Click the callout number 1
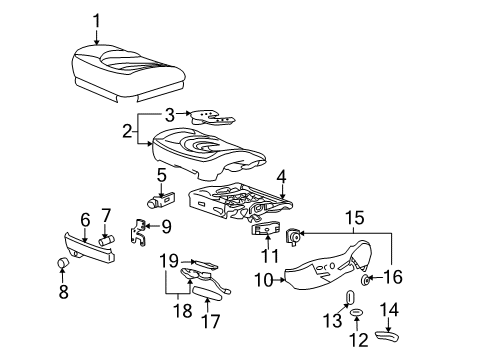[x=97, y=19]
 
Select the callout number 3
[x=171, y=114]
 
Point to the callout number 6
[x=85, y=218]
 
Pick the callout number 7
[x=107, y=216]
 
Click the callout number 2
[x=125, y=130]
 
